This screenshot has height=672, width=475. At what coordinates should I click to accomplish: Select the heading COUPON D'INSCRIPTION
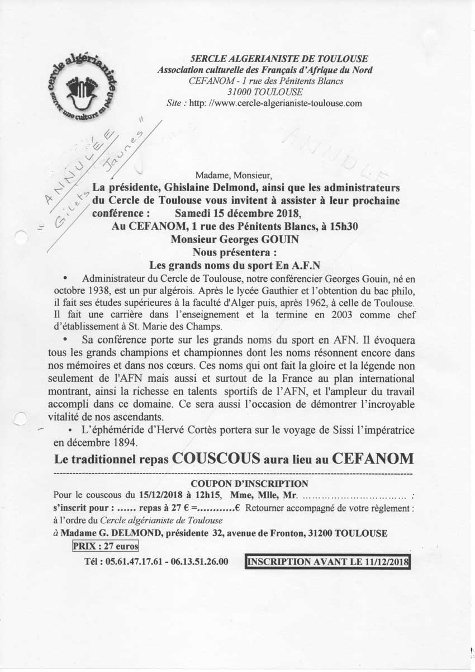[x=249, y=483]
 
